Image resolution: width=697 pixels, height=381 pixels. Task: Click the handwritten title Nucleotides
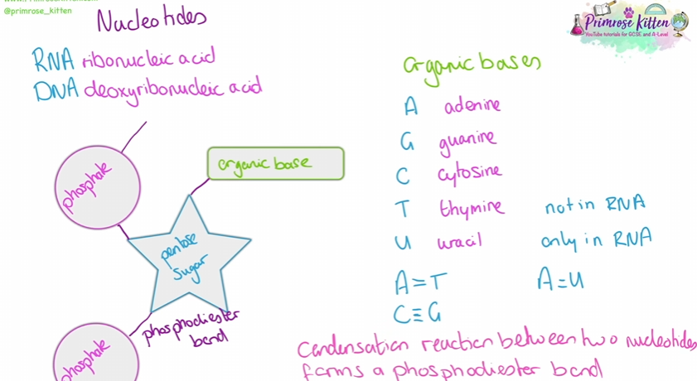pyautogui.click(x=152, y=20)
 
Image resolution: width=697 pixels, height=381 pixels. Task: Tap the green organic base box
pyautogui.click(x=275, y=163)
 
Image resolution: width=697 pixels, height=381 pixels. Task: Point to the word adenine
pyautogui.click(x=472, y=106)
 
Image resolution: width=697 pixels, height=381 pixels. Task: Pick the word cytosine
pyautogui.click(x=469, y=173)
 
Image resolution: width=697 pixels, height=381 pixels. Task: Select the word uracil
pyautogui.click(x=460, y=241)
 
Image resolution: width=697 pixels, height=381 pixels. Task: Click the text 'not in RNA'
pyautogui.click(x=594, y=205)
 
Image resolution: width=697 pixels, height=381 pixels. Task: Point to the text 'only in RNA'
pyautogui.click(x=596, y=239)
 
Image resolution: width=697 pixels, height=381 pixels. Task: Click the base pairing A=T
pyautogui.click(x=421, y=282)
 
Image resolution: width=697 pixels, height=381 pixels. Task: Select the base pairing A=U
pyautogui.click(x=560, y=280)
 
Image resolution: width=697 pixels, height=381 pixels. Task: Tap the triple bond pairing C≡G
pyautogui.click(x=418, y=313)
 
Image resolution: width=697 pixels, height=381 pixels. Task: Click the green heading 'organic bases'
pyautogui.click(x=472, y=65)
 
